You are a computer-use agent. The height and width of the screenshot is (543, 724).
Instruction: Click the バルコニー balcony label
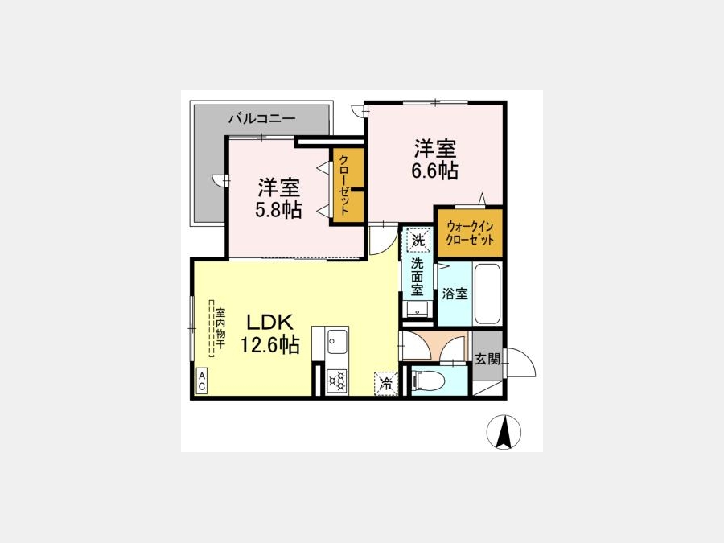click(261, 119)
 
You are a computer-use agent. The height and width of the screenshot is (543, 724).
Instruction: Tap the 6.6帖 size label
click(434, 171)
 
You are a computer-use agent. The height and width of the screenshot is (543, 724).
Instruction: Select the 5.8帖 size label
click(278, 210)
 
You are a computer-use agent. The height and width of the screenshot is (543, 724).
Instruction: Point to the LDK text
click(269, 323)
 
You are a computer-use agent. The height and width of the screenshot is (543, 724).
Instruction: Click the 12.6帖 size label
click(270, 344)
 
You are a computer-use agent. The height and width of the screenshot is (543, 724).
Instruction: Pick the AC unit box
click(201, 381)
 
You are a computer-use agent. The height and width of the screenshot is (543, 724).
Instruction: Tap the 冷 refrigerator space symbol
click(386, 383)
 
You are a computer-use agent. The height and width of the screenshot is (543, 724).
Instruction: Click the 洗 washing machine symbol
click(418, 240)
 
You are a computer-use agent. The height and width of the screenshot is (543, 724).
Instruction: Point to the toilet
click(430, 381)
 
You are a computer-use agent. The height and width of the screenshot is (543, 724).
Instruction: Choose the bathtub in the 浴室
click(487, 294)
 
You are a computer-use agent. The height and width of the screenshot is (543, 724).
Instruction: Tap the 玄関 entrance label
click(487, 359)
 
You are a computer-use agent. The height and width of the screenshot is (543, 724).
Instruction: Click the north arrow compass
click(504, 432)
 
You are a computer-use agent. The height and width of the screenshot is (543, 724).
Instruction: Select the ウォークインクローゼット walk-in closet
click(470, 233)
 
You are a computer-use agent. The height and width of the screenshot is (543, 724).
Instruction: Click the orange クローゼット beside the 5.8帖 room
click(348, 186)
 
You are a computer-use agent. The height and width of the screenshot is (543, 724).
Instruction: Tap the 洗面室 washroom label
click(418, 277)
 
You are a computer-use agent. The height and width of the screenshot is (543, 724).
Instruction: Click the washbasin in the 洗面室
click(418, 310)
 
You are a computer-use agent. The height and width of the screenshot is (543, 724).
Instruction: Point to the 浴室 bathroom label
click(455, 294)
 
